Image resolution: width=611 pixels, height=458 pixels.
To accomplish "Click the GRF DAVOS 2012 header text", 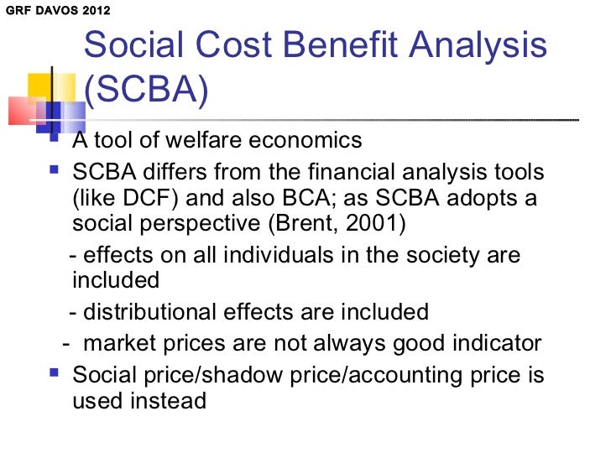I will tap(55, 12).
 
